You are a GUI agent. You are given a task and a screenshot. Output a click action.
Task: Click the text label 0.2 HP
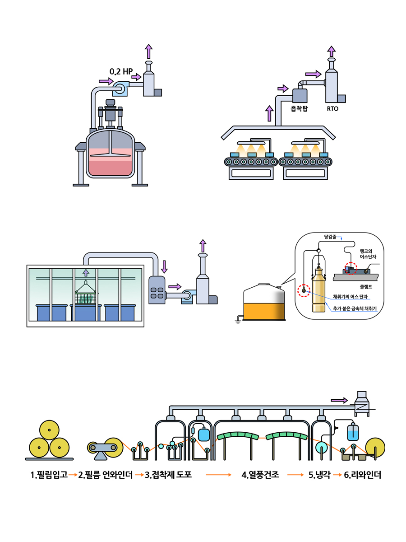[121, 71]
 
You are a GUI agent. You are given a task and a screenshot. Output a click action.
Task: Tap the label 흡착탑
[300, 109]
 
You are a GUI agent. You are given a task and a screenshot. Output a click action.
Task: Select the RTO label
[332, 109]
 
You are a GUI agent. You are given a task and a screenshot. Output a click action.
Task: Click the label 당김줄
[331, 236]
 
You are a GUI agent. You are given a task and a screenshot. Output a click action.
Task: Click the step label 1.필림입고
[49, 475]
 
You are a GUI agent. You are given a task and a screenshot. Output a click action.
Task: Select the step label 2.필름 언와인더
[106, 475]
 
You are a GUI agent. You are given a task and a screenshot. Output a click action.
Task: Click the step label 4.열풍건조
[260, 475]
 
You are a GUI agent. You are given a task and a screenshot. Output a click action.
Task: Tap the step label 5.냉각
[319, 475]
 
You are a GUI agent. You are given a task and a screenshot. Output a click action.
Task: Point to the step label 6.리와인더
[362, 475]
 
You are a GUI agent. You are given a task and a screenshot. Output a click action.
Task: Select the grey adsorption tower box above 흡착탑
[300, 95]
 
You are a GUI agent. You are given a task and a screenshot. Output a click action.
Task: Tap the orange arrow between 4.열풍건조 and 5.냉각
[295, 475]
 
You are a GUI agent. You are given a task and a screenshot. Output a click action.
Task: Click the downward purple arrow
[164, 266]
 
